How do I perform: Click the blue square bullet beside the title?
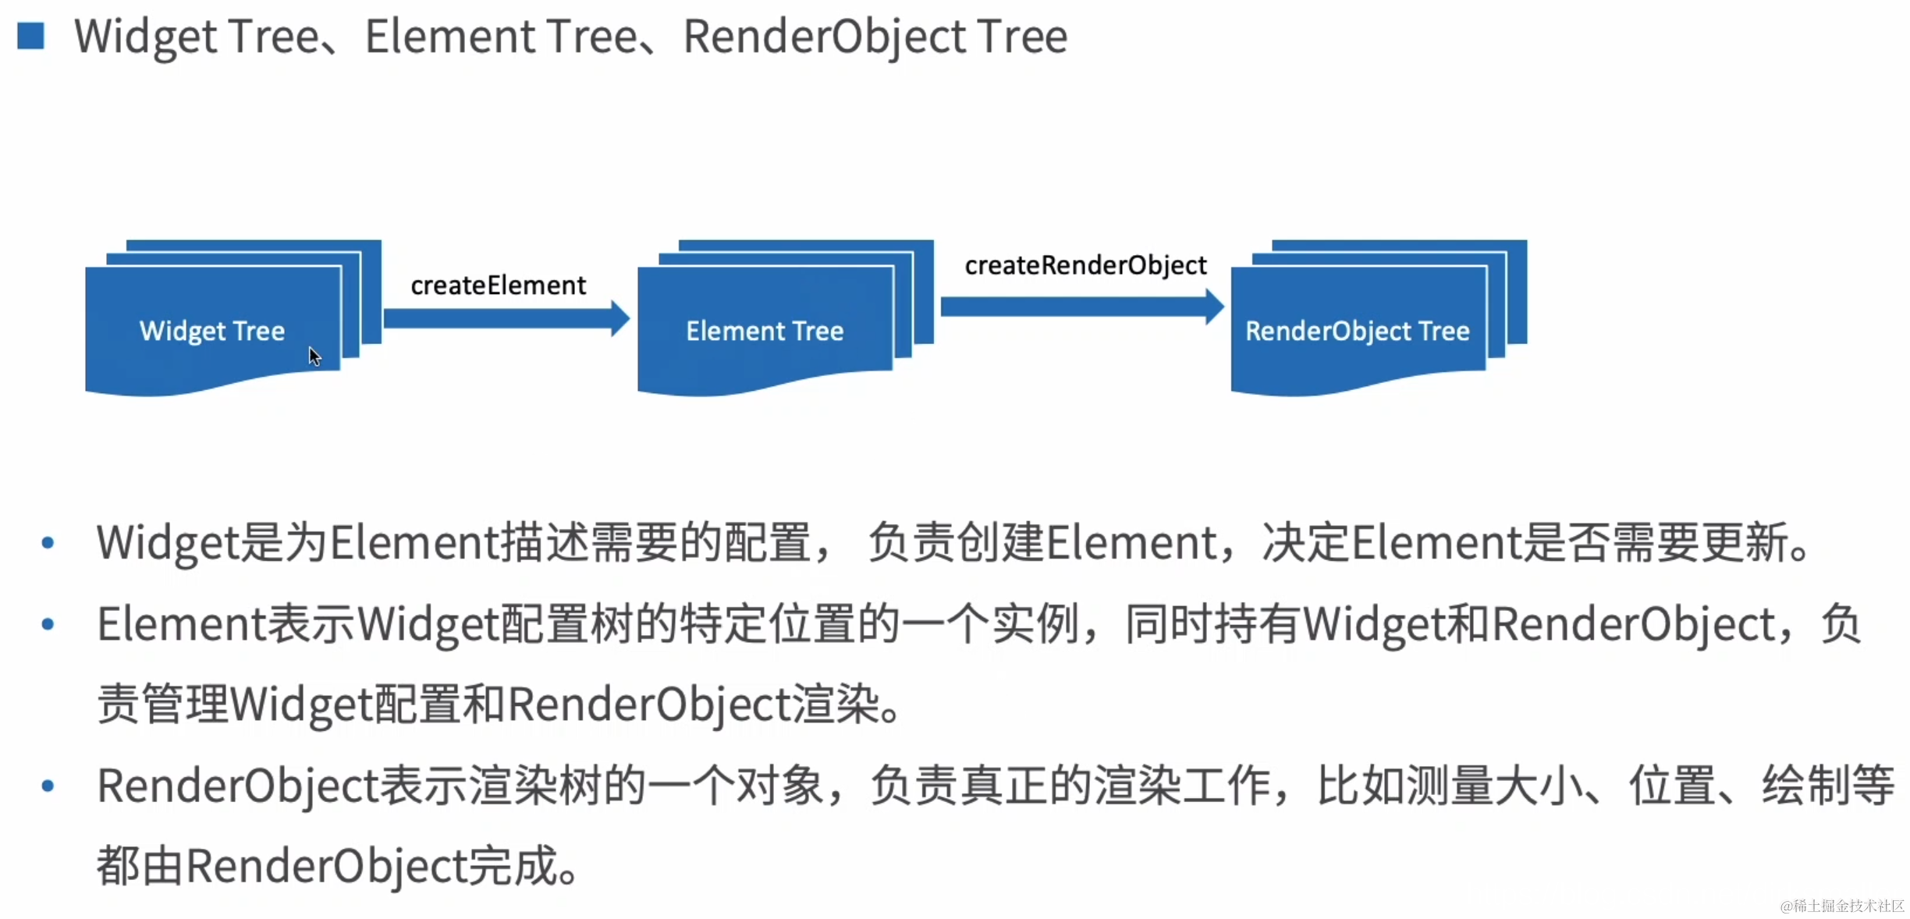click(x=30, y=36)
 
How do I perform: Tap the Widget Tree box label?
click(x=212, y=331)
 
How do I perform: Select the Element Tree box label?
click(x=765, y=331)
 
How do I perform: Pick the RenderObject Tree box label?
click(x=1357, y=331)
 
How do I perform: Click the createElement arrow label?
click(x=498, y=286)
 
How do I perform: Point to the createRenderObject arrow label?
click(x=1085, y=265)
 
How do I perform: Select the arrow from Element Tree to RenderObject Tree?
click(x=1081, y=307)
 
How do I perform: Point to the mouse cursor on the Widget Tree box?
click(x=314, y=356)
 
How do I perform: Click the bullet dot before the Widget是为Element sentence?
click(x=48, y=543)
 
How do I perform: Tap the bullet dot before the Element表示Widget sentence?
click(x=48, y=624)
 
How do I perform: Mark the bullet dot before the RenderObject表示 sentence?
click(x=48, y=786)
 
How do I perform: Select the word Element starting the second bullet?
click(x=182, y=624)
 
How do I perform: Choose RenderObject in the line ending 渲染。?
click(x=650, y=704)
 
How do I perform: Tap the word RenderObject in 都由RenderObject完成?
click(x=326, y=866)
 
